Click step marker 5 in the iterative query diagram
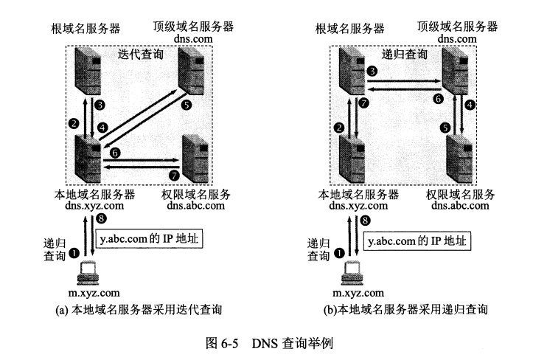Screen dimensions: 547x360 tap(187, 105)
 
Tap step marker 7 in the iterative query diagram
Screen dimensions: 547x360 tap(174, 175)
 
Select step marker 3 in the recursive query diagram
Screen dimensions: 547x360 tap(372, 72)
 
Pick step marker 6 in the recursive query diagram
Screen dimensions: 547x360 tap(438, 99)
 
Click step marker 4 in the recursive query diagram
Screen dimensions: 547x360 tap(470, 105)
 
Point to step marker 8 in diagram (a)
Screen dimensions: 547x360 tap(101, 219)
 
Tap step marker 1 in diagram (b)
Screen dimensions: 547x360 tap(338, 253)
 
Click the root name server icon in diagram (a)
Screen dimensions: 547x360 tap(88, 71)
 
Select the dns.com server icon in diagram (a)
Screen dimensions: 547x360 tap(191, 71)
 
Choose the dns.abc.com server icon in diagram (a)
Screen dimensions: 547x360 tap(195, 159)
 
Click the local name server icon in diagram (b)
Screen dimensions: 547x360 tap(352, 159)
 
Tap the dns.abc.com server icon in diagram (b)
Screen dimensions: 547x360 tap(460, 159)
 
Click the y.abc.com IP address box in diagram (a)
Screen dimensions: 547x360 tap(149, 239)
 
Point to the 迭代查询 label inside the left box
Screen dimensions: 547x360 tap(141, 55)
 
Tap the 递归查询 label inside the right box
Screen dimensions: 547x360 tap(405, 55)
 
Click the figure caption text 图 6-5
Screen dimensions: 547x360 tap(222, 343)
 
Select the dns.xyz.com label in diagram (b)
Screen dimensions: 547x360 tap(358, 206)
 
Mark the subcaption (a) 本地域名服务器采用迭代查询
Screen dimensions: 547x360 tap(139, 310)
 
